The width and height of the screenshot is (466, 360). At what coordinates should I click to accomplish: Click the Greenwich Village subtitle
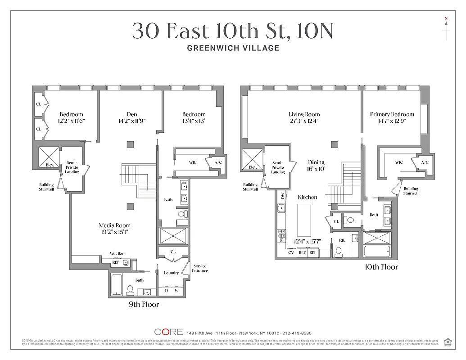233,48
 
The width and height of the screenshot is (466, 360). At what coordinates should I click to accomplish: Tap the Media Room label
114,225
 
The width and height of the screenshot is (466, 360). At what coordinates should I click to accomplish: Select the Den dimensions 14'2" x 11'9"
131,121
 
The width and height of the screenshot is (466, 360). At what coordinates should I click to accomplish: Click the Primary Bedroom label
392,114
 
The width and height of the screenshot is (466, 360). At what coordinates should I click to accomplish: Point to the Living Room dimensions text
304,121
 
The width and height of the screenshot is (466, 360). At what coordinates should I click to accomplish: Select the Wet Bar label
117,253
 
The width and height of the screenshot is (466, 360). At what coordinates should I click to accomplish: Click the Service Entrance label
200,268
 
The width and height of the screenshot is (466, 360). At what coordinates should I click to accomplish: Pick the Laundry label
172,273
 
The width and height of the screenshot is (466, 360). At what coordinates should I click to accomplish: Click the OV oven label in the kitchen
290,253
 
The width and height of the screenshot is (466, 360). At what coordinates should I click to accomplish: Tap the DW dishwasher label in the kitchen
283,196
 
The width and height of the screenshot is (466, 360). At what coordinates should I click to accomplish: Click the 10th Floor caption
381,267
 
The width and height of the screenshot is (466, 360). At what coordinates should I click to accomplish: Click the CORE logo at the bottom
168,332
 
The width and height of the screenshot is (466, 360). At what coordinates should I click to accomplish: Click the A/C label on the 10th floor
425,162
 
